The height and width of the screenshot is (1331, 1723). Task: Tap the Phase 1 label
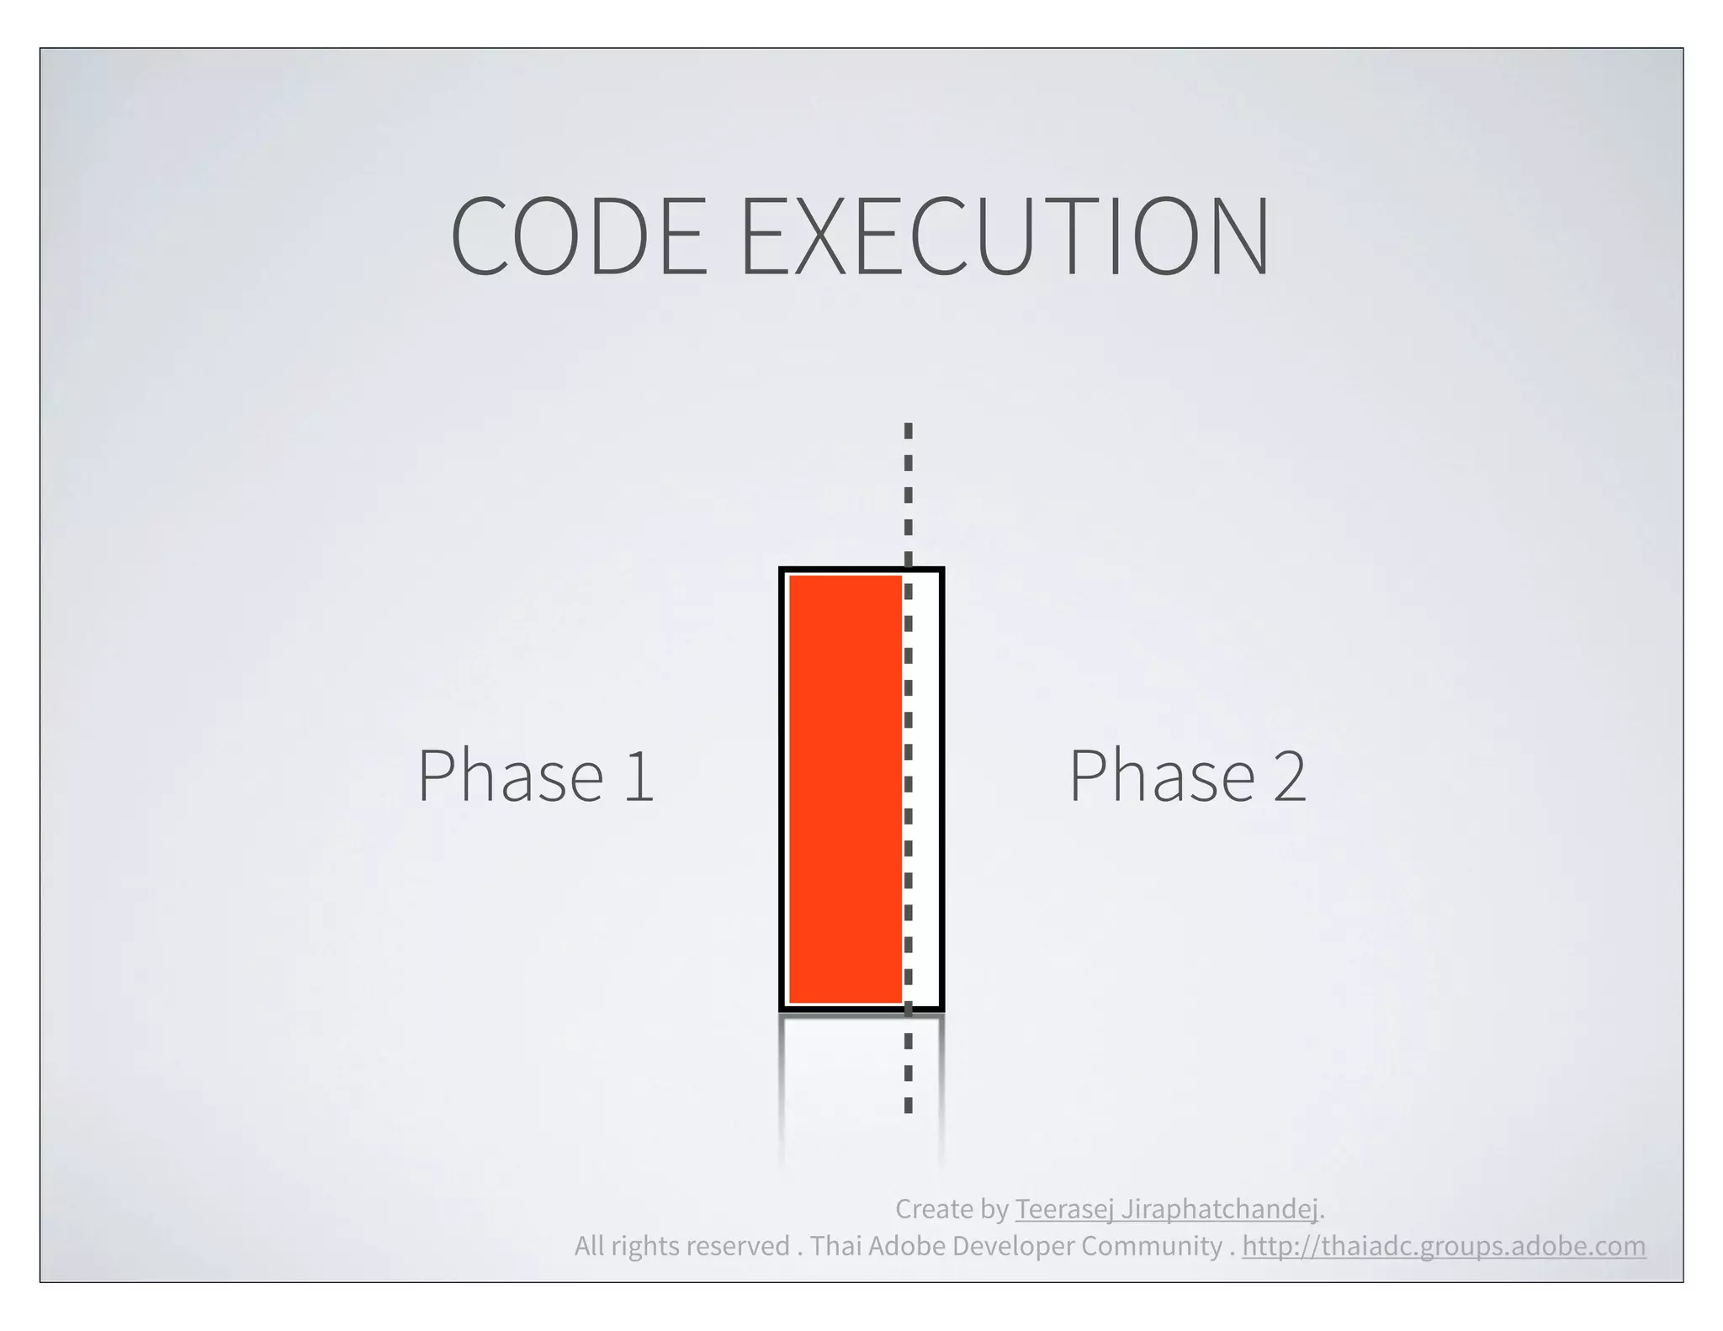coord(536,775)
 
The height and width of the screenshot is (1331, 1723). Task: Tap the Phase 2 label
coord(1187,775)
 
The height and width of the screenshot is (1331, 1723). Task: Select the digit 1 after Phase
coord(639,777)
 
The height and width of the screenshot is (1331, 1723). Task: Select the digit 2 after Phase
coord(1289,777)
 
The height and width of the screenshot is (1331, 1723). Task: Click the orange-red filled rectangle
coord(845,789)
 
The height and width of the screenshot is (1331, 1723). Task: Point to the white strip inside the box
coord(925,789)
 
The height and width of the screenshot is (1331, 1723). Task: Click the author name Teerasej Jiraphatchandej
coord(1166,1209)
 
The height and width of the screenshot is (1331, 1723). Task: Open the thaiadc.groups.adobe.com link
coord(1444,1246)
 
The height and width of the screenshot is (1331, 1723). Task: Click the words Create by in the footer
coord(951,1209)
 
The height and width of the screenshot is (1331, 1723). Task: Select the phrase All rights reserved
coord(681,1246)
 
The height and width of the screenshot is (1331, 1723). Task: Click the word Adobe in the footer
coord(906,1246)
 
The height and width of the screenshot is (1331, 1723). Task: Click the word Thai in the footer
coord(835,1246)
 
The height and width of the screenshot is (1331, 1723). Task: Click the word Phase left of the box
coord(511,775)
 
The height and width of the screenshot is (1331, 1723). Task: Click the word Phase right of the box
coord(1162,775)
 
